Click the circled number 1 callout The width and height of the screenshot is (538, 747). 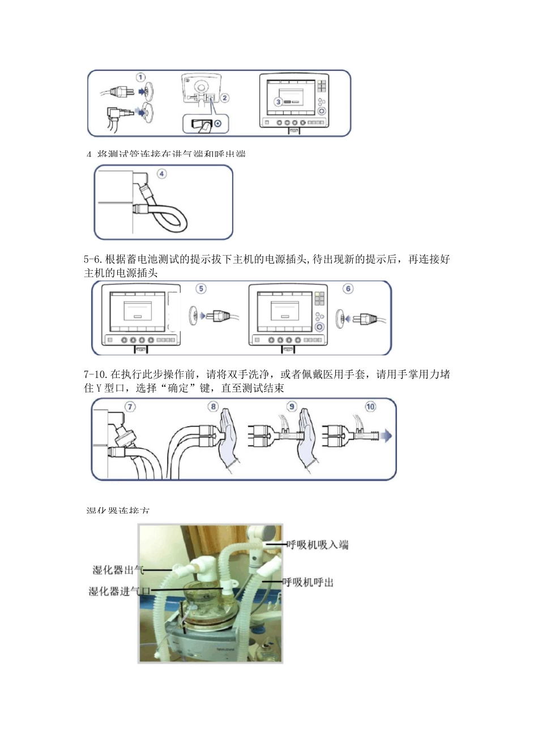click(x=140, y=78)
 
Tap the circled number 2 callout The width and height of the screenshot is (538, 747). click(x=225, y=97)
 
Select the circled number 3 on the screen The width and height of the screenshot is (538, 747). click(x=278, y=102)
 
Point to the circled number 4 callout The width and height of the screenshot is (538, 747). click(x=162, y=174)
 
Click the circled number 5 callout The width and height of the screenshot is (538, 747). click(x=201, y=289)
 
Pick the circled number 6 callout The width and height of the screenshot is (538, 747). click(x=348, y=289)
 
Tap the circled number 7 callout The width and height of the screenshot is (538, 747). click(x=130, y=407)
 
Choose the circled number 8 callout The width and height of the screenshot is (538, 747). click(x=214, y=407)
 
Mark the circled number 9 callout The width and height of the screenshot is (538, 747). click(x=292, y=407)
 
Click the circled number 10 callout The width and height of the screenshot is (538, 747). click(x=370, y=407)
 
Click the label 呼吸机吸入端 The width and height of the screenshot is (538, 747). click(x=318, y=545)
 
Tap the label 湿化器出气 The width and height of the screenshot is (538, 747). click(x=118, y=570)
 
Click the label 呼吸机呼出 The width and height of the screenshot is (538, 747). click(x=308, y=582)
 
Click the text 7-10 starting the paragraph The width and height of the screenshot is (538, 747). click(x=95, y=375)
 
